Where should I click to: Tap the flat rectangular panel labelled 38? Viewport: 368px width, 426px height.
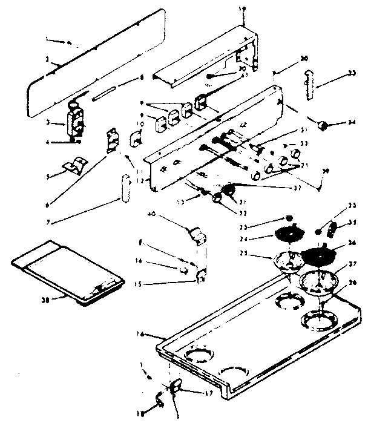[67, 269]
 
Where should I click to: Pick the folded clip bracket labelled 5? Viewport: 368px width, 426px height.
[75, 163]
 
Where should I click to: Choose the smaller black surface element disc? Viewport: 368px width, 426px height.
[286, 234]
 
